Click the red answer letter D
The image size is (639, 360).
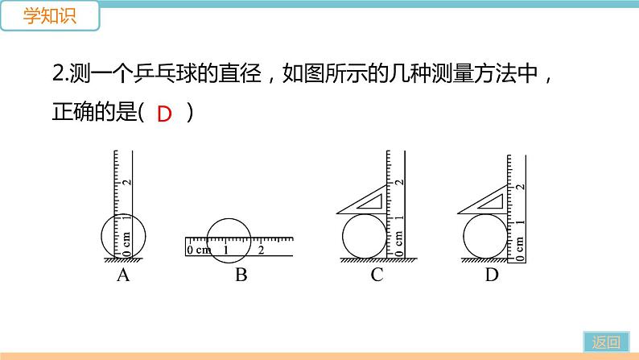[x=164, y=114]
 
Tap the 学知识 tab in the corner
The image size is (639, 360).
[x=49, y=17]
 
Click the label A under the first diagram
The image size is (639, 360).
[x=123, y=276]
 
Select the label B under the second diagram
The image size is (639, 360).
[x=241, y=276]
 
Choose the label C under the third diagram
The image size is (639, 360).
[x=377, y=276]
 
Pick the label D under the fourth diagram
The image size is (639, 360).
[x=492, y=276]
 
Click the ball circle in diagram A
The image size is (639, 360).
[x=123, y=236]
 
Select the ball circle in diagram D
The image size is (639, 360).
[x=485, y=238]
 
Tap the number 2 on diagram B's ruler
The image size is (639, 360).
[x=261, y=250]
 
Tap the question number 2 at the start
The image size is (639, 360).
[x=57, y=75]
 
